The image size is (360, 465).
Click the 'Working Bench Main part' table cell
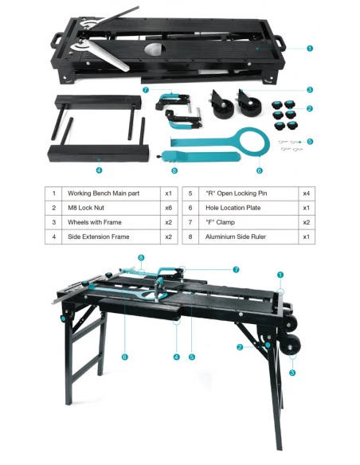pos(104,193)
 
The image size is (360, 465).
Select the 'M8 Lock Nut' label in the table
pos(86,208)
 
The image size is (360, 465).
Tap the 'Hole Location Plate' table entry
pos(233,208)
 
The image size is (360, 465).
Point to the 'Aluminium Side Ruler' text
pos(236,236)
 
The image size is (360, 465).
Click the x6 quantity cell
pos(168,208)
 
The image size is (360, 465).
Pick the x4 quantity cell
pos(307,193)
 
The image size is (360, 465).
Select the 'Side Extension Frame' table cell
pos(99,236)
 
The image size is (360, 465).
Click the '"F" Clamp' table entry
pos(220,222)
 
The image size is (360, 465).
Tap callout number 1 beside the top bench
pos(310,48)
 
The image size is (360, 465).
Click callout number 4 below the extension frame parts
pos(99,170)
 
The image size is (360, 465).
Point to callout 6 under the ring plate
pos(259,170)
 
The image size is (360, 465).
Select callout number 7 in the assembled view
pos(236,270)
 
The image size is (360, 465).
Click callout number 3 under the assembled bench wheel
pos(292,373)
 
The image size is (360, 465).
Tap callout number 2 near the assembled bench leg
pos(240,347)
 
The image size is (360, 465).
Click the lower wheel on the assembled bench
pos(292,344)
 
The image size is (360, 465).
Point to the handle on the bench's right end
pos(280,41)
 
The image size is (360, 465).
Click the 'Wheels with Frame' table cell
pos(95,222)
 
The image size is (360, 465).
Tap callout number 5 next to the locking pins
pos(310,142)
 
